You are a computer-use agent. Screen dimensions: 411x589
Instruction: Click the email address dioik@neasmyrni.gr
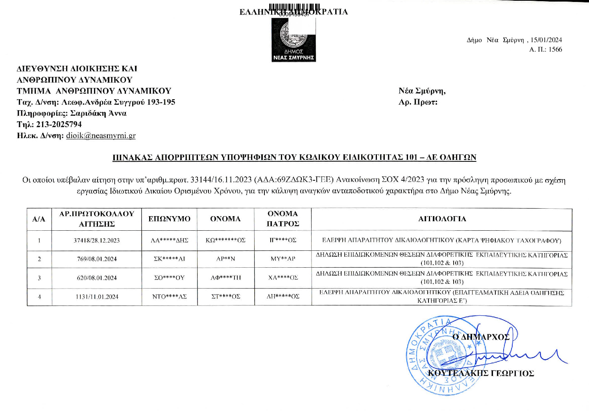[x=101, y=136]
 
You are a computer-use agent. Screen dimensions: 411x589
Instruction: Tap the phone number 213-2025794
[x=59, y=124]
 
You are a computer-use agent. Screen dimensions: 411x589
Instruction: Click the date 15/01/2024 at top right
[x=546, y=40]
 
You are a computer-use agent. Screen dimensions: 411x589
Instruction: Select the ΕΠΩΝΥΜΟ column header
[x=169, y=219]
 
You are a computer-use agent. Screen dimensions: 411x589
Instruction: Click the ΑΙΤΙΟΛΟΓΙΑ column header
[x=442, y=219]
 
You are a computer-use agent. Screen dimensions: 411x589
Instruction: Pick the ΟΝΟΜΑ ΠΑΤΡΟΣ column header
[x=282, y=219]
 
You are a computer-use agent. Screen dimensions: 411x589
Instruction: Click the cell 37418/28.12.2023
[x=97, y=240]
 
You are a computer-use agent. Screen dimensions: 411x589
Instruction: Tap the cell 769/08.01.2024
[x=97, y=259]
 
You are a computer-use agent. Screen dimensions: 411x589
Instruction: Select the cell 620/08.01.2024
[x=97, y=278]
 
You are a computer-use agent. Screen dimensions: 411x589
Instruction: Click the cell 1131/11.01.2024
[x=97, y=297]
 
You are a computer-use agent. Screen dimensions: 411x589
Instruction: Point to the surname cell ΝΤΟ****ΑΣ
[x=169, y=297]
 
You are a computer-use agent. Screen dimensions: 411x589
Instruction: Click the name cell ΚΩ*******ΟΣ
[x=225, y=240]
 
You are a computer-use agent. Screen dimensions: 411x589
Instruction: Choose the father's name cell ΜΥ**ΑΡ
[x=282, y=259]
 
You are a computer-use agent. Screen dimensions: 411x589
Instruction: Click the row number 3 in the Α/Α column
[x=39, y=278]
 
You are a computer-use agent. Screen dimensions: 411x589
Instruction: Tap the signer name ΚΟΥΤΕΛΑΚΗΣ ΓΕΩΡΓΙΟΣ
[x=481, y=373]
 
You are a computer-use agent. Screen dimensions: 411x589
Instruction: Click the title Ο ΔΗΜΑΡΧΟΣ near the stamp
[x=481, y=337]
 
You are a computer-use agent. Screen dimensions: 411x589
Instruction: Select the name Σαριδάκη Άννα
[x=98, y=113]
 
